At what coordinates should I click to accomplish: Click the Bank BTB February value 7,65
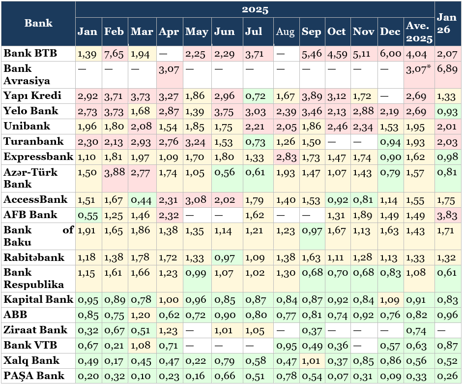click(x=114, y=54)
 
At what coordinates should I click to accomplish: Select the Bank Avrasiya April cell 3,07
click(x=169, y=69)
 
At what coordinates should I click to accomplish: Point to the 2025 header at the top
click(x=255, y=9)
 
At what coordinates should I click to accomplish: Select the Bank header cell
click(x=38, y=23)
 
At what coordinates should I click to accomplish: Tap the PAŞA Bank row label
click(x=34, y=376)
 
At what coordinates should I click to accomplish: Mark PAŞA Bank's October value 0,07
click(x=337, y=376)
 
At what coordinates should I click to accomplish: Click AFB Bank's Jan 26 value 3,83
click(x=447, y=215)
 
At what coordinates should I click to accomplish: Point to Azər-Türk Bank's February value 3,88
click(x=114, y=173)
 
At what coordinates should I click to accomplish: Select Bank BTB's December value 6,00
click(x=391, y=54)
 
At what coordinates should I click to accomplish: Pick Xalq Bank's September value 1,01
click(x=311, y=361)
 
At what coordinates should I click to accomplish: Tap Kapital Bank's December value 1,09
click(x=391, y=299)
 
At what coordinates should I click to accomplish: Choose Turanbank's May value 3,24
click(x=197, y=142)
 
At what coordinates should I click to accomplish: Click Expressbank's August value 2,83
click(x=285, y=157)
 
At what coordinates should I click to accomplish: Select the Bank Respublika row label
click(x=34, y=278)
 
